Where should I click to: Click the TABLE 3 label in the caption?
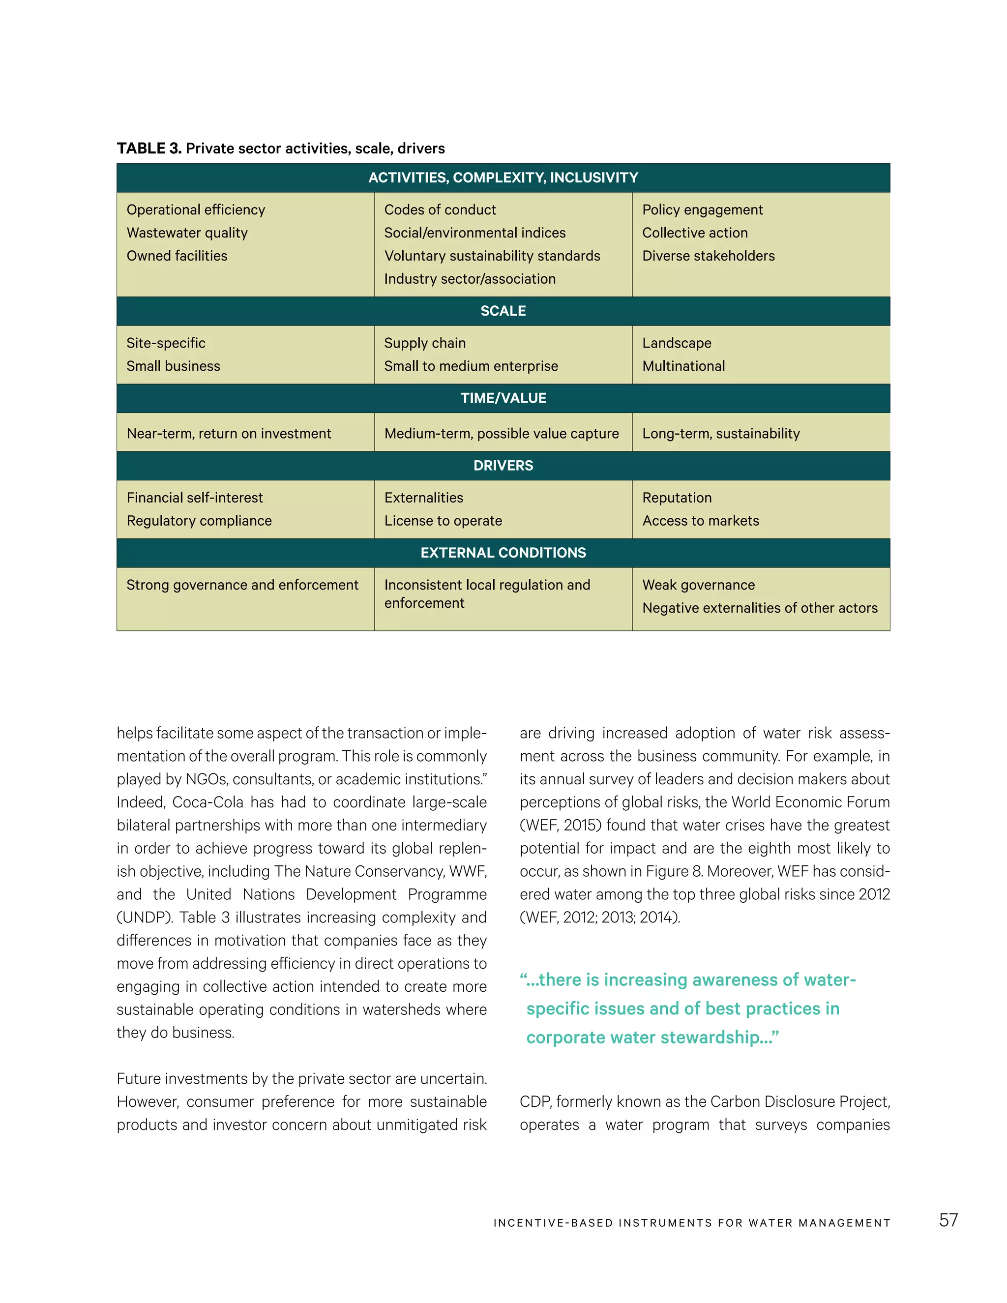pyautogui.click(x=148, y=148)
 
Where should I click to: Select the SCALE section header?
pyautogui.click(x=503, y=311)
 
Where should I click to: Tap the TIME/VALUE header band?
pyautogui.click(x=503, y=398)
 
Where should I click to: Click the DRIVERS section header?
pyautogui.click(x=503, y=465)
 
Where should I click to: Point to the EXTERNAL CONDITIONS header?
pyautogui.click(x=503, y=553)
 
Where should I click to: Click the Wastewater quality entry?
pyautogui.click(x=187, y=233)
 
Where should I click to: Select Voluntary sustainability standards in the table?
pyautogui.click(x=492, y=256)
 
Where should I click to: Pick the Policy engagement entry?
pyautogui.click(x=702, y=210)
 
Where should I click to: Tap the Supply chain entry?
pyautogui.click(x=424, y=343)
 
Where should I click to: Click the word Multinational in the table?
pyautogui.click(x=683, y=366)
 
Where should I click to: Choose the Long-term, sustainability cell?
pyautogui.click(x=721, y=434)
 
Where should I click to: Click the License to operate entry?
pyautogui.click(x=443, y=521)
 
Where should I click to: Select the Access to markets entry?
pyautogui.click(x=700, y=521)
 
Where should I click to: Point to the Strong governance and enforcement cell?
pyautogui.click(x=242, y=585)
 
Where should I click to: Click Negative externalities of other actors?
pyautogui.click(x=759, y=608)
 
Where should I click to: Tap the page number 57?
pyautogui.click(x=948, y=1220)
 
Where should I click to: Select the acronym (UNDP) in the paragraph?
pyautogui.click(x=143, y=918)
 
